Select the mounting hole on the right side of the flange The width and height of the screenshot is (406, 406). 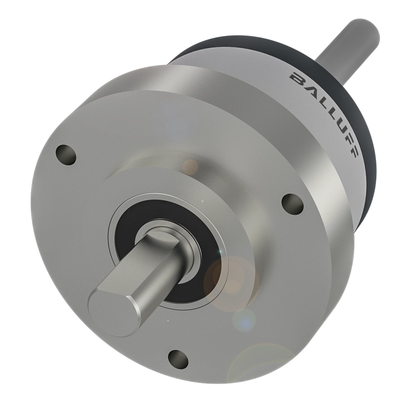[292, 202]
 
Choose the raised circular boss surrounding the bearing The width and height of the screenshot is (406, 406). [244, 211]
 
